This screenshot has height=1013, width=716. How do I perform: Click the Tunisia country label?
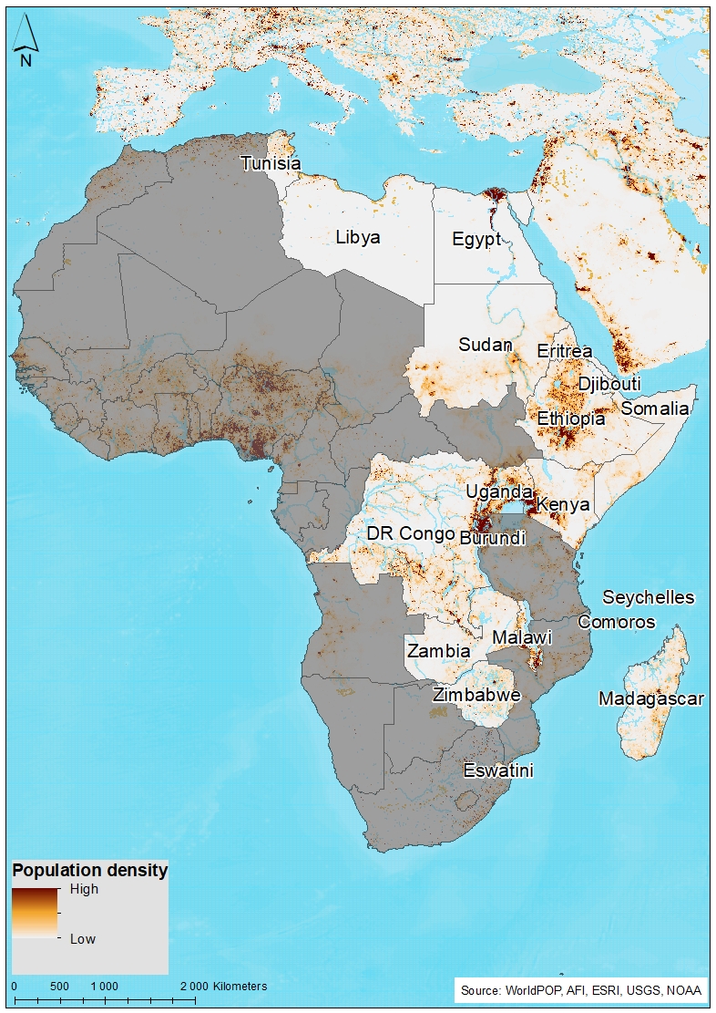tap(270, 163)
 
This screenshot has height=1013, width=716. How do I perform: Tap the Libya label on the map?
tap(358, 237)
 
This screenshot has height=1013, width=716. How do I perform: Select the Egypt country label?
tap(476, 240)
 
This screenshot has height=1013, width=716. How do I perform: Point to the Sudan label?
tap(485, 346)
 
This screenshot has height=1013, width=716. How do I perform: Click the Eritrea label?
tap(565, 351)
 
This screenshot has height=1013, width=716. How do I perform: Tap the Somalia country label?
tap(655, 408)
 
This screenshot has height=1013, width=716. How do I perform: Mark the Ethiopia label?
tap(571, 419)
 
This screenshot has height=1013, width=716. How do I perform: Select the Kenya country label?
tap(563, 504)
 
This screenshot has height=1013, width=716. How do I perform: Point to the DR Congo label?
tap(410, 532)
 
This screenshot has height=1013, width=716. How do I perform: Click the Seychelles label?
tap(649, 598)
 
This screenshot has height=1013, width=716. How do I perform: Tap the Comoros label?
tap(617, 622)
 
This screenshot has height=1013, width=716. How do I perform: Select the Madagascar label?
tap(650, 699)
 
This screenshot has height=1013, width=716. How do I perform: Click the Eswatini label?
tap(497, 770)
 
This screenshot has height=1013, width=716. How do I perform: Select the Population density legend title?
tap(89, 870)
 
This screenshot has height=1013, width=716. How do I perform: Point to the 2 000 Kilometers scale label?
tap(223, 987)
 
